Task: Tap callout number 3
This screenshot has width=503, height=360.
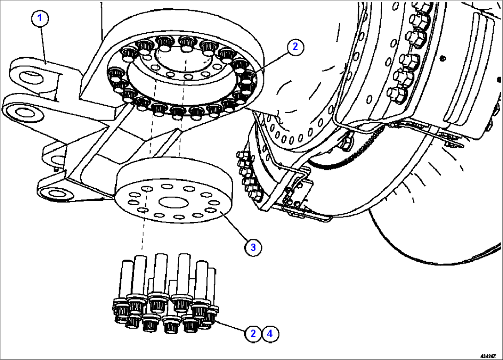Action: tap(253, 247)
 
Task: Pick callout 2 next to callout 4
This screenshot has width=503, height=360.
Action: tap(253, 333)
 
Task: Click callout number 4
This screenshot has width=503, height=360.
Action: tap(271, 333)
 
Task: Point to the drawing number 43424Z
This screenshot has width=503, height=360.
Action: tap(490, 356)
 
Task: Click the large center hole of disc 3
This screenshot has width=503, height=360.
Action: tap(172, 202)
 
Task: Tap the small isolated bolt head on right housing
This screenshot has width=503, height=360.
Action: tap(443, 58)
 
